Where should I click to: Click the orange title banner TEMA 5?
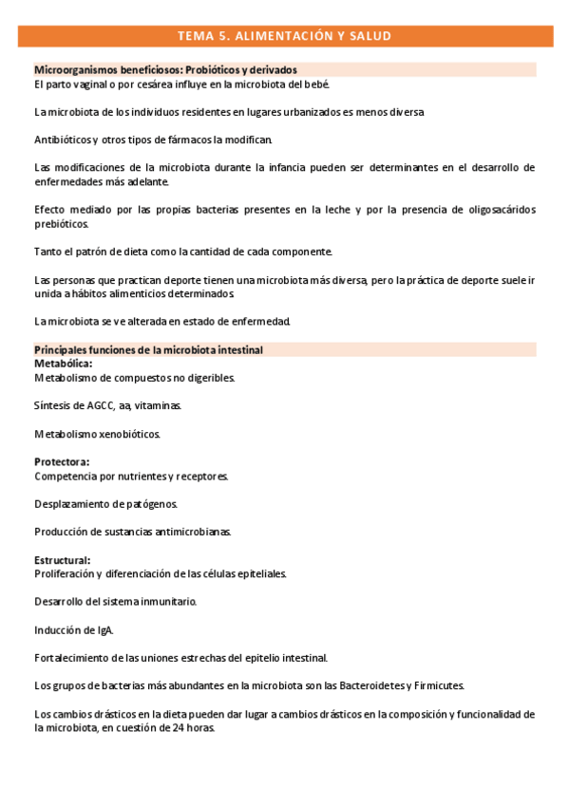[284, 36]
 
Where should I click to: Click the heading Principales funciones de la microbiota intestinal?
[148, 350]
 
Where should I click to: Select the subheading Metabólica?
[63, 364]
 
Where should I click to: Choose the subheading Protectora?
[62, 462]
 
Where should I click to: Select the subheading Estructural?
[63, 560]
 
